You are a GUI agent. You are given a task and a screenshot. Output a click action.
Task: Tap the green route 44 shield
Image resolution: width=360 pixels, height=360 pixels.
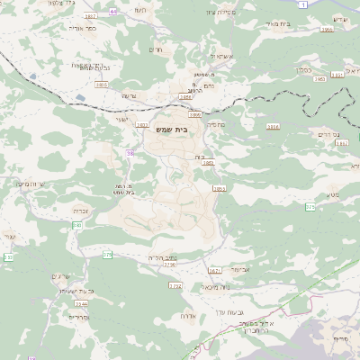pyautogui.click(x=112, y=11)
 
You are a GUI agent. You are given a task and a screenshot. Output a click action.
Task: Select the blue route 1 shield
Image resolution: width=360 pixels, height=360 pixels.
pyautogui.click(x=304, y=5)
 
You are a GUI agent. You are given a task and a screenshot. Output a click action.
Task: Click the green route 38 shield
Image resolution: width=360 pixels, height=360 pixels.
pyautogui.click(x=130, y=153)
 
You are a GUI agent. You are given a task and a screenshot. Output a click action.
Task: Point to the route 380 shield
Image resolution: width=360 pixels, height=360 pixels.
pyautogui.click(x=77, y=225)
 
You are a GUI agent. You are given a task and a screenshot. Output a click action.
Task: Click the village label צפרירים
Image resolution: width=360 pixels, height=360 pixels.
pyautogui.click(x=79, y=317)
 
